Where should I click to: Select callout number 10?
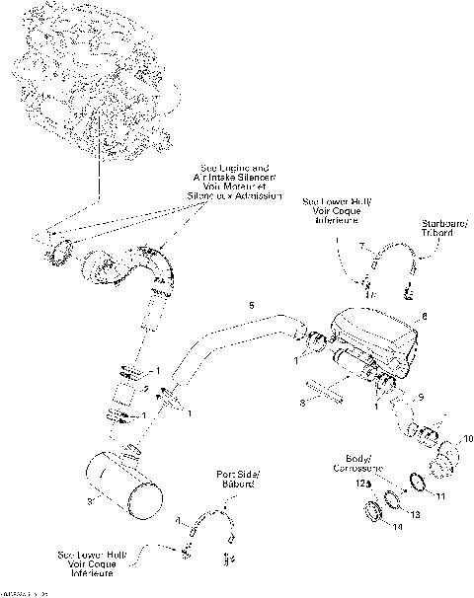click(468, 437)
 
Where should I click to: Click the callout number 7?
click(360, 243)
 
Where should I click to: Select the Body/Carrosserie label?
click(351, 464)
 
